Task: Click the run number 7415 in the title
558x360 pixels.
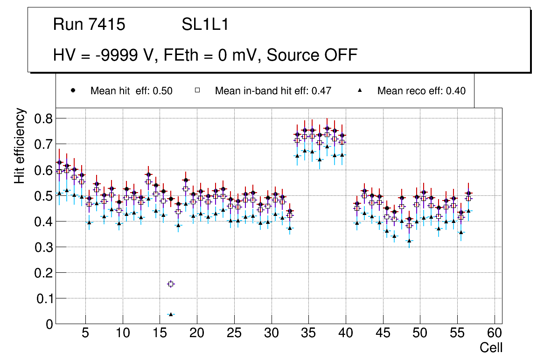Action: click(x=108, y=25)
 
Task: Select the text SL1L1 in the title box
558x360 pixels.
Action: click(x=205, y=25)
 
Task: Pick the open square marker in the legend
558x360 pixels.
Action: click(x=197, y=91)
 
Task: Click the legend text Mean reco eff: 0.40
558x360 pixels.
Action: click(x=421, y=91)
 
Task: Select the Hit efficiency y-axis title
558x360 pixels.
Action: click(x=20, y=145)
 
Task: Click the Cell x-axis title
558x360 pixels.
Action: click(x=491, y=347)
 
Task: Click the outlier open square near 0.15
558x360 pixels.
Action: click(x=171, y=284)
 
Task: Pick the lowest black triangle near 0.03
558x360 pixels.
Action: click(x=171, y=314)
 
